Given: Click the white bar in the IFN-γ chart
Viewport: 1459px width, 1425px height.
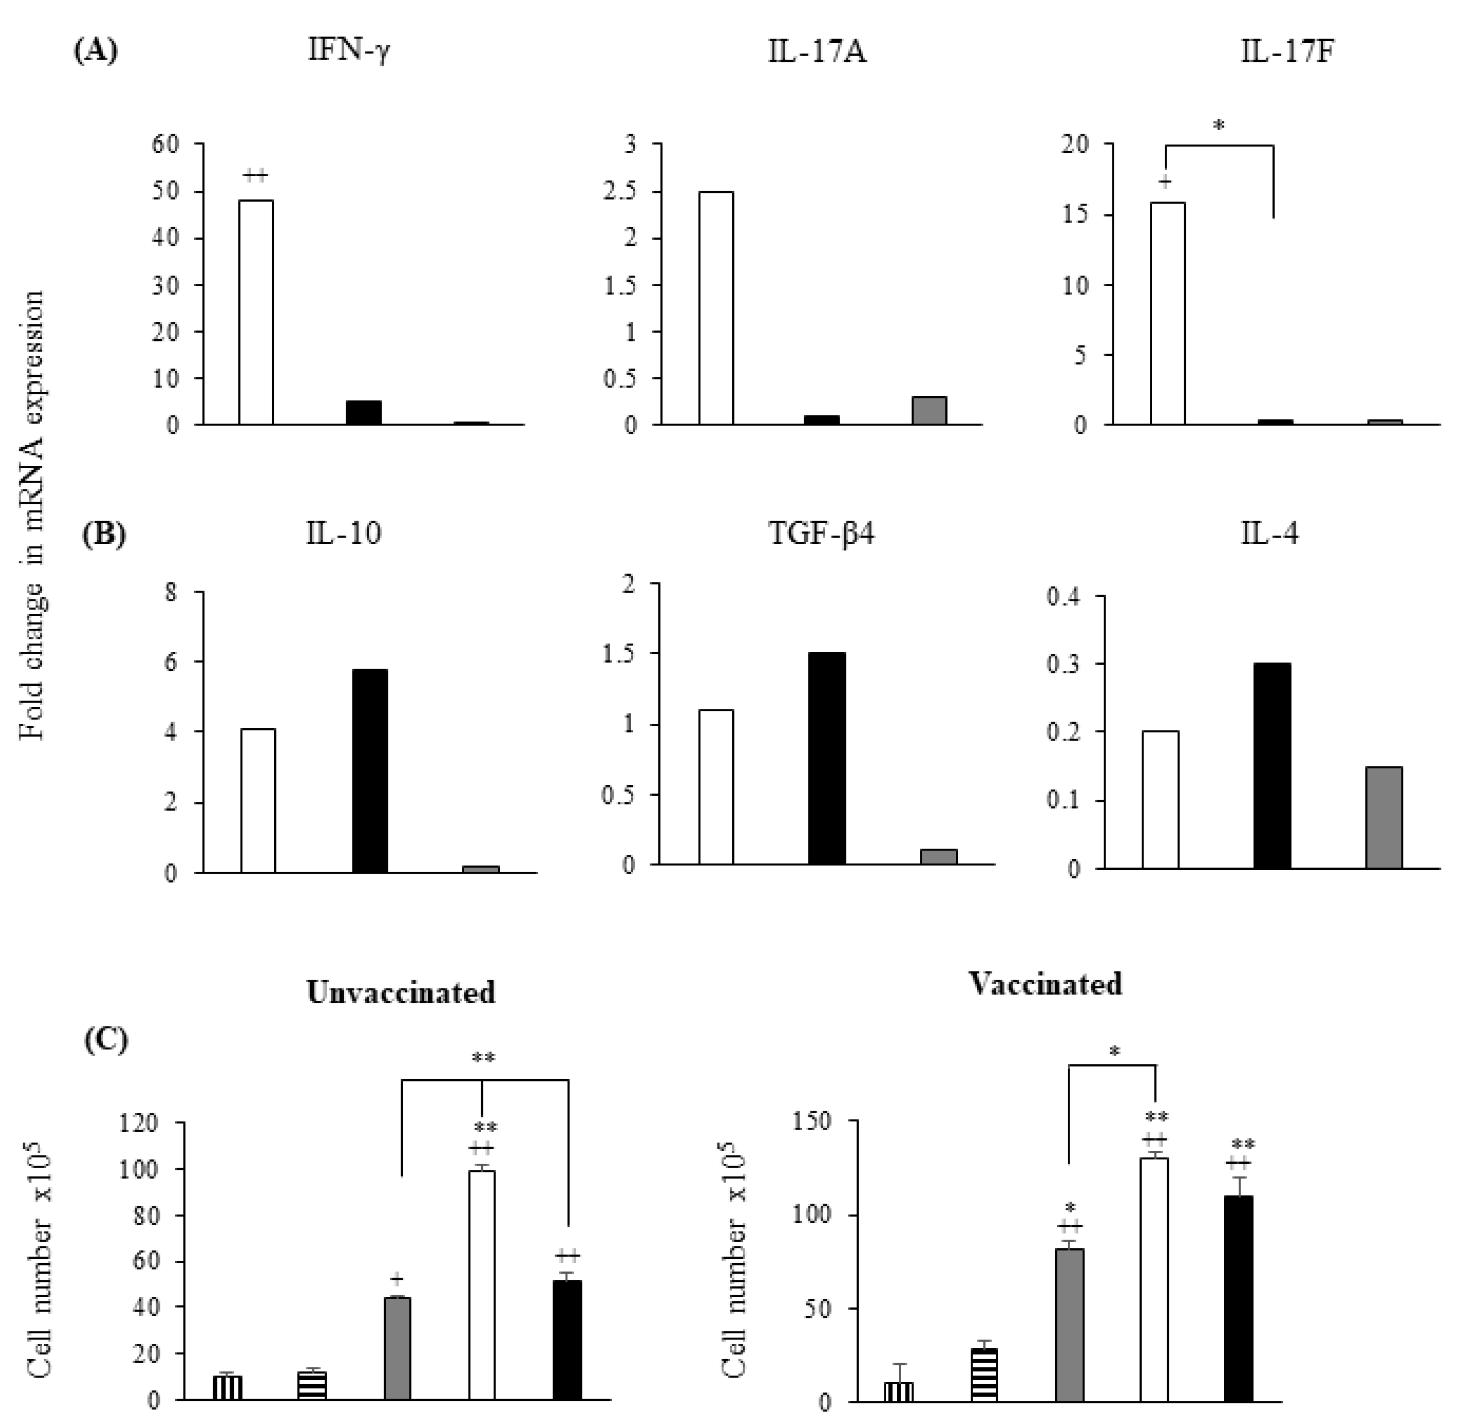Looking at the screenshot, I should pyautogui.click(x=256, y=312).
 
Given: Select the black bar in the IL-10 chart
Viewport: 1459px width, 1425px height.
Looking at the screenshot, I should pyautogui.click(x=370, y=771).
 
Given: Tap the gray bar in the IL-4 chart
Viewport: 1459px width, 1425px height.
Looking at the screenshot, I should pyautogui.click(x=1384, y=817).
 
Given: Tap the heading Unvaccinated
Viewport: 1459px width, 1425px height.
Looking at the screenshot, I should pyautogui.click(x=401, y=992).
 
